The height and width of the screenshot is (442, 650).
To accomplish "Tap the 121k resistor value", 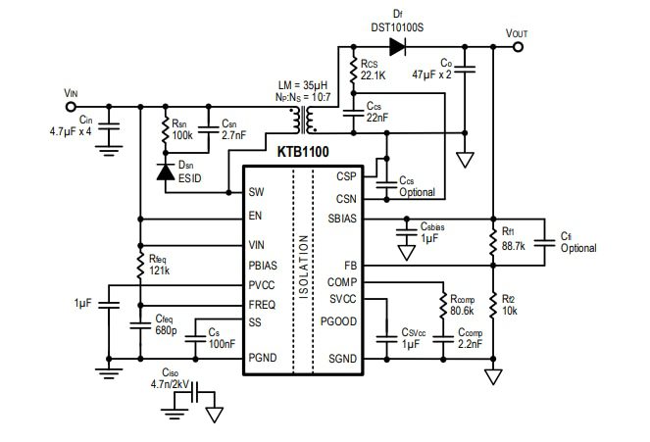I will pos(159,270).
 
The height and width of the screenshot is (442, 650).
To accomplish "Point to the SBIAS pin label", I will pos(342,220).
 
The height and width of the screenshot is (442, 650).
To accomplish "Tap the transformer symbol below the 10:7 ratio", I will pos(307,121).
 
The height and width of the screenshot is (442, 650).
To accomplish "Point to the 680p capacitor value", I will pos(166,331).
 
